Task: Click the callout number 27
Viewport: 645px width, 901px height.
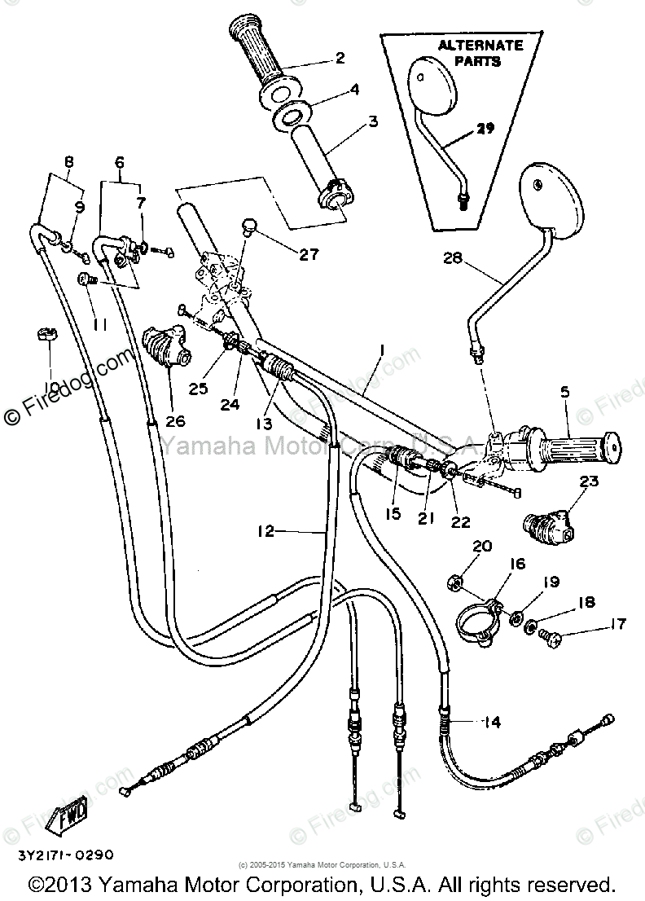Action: [x=309, y=255]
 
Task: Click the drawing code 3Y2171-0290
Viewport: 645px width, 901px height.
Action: [x=59, y=855]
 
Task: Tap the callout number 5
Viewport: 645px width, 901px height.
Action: [x=564, y=393]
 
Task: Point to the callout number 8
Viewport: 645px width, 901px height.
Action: [x=68, y=161]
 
